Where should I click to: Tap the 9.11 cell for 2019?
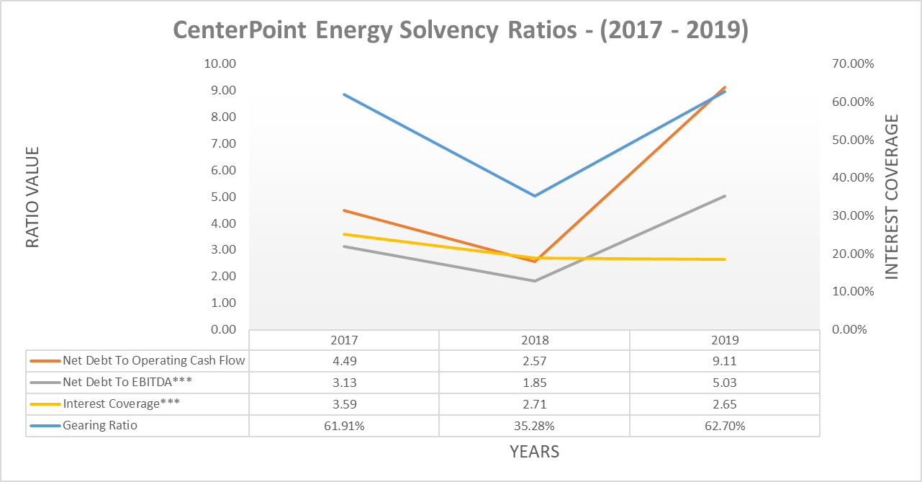[x=724, y=361]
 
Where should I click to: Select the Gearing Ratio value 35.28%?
[x=534, y=426]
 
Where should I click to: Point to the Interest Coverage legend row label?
[x=120, y=404]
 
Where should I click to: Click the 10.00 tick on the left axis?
[x=220, y=63]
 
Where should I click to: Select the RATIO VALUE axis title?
[x=32, y=197]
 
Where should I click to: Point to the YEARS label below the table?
[x=534, y=452]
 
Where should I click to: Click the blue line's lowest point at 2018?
[x=534, y=195]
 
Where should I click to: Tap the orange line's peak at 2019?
[x=724, y=87]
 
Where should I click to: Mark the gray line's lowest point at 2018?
[x=534, y=281]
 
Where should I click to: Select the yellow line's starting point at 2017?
[x=344, y=234]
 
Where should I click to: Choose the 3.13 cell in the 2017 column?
[x=344, y=383]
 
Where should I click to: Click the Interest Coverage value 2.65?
[x=724, y=404]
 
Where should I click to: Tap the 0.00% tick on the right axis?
[x=853, y=329]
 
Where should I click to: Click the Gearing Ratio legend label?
[x=100, y=426]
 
